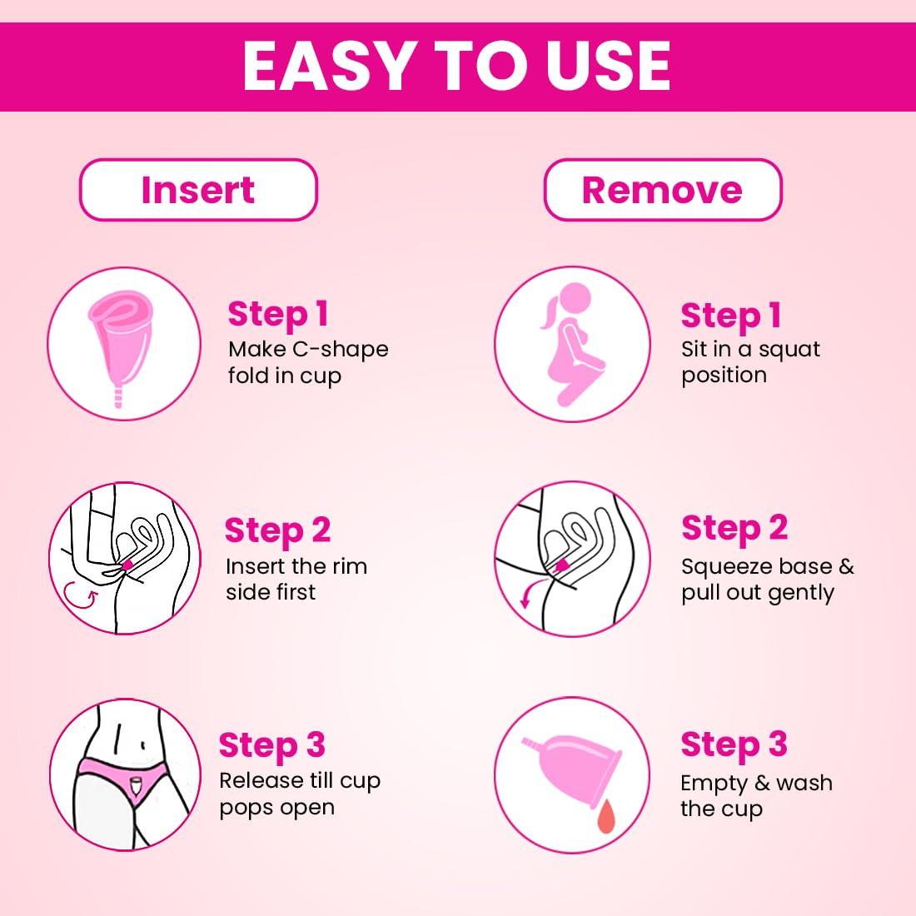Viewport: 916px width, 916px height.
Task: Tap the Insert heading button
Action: pos(198,190)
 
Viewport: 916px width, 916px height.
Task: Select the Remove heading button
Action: pos(662,190)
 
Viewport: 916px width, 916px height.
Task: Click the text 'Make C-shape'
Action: pos(308,349)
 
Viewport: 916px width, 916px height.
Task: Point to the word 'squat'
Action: pos(789,349)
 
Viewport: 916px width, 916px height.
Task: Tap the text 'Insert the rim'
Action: pos(296,566)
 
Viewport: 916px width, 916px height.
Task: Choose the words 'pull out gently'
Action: pos(757,593)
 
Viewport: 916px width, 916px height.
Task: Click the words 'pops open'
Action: pos(276,807)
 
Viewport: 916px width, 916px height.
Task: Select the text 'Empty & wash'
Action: pos(756,783)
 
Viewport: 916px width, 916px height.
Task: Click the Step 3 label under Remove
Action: pos(733,744)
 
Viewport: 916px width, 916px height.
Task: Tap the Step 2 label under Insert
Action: pos(277,530)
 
